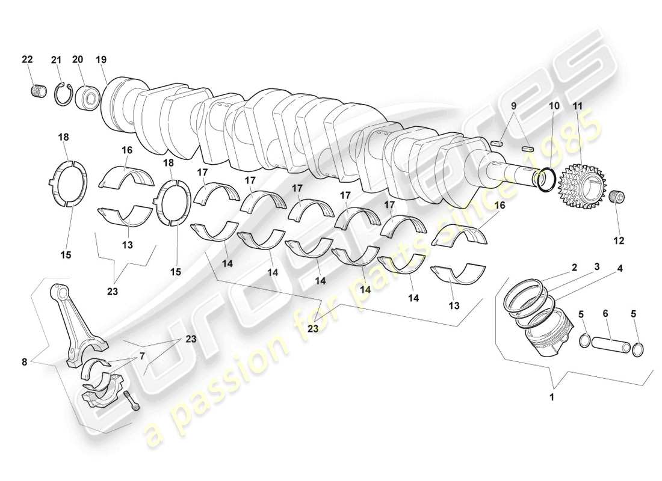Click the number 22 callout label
click(x=27, y=59)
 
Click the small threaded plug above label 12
click(x=617, y=197)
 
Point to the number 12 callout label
click(x=618, y=240)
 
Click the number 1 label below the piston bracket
click(x=552, y=397)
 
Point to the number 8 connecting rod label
click(x=23, y=361)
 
